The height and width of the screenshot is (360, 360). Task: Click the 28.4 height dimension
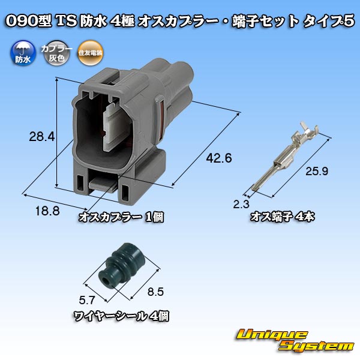pos(42,137)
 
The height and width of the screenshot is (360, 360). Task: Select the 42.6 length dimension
pos(219,158)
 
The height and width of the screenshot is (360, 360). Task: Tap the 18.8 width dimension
pos(47,211)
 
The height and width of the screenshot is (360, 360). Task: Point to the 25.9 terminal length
pos(317,171)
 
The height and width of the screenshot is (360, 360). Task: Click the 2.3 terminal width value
pos(241,204)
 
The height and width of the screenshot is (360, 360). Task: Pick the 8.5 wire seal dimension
pos(155,292)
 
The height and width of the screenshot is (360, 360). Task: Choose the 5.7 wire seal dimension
pos(87,300)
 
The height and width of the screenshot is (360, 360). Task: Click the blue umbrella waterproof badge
pos(23,53)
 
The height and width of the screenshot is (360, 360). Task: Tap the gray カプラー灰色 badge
pos(56,53)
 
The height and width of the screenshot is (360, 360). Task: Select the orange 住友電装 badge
pos(90,53)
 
